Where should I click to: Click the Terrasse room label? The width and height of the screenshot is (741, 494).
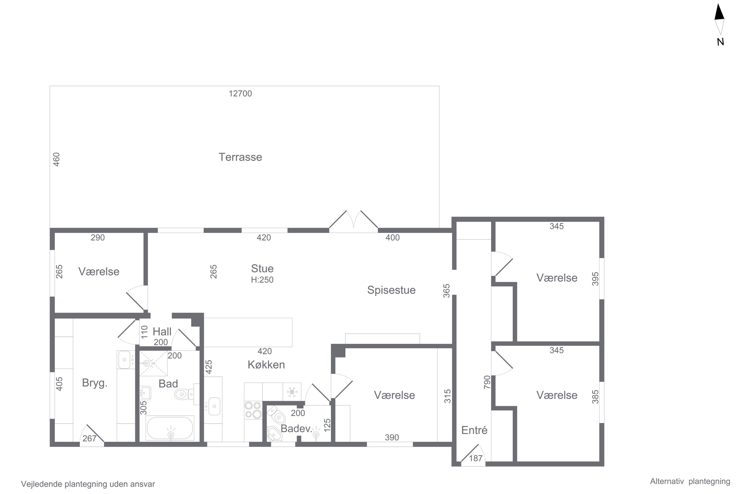click(240, 157)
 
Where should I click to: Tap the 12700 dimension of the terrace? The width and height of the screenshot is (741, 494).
click(240, 94)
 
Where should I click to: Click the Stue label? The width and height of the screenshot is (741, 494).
click(262, 268)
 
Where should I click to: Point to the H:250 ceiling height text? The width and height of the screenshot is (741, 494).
click(262, 280)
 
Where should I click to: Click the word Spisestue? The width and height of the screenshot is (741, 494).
click(391, 290)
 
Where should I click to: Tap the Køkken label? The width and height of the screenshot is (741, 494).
click(266, 365)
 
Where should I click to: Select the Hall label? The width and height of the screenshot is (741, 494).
click(162, 331)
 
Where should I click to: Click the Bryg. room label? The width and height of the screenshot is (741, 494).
click(95, 383)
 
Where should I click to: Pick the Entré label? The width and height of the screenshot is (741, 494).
click(474, 430)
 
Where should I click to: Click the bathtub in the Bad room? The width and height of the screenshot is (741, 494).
click(170, 428)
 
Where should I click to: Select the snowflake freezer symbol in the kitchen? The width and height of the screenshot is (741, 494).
click(292, 392)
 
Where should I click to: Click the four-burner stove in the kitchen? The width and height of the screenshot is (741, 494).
click(253, 410)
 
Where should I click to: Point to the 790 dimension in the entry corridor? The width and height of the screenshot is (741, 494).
click(487, 382)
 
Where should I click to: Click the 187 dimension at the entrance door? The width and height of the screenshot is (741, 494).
click(476, 458)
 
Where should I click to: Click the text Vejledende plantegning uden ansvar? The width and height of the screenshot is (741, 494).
click(88, 484)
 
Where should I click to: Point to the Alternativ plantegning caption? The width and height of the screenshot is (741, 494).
click(690, 481)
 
